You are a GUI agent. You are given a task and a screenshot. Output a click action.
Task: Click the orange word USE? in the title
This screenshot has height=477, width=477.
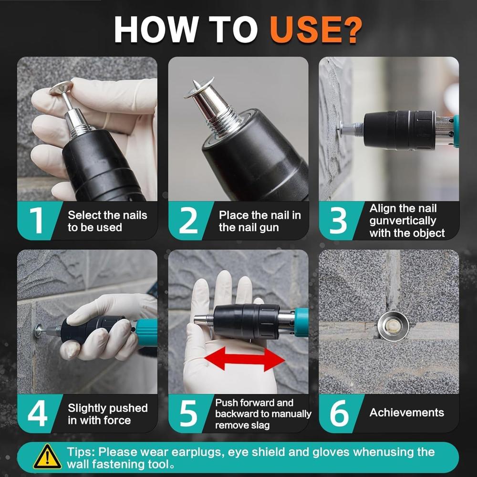[x=316, y=30]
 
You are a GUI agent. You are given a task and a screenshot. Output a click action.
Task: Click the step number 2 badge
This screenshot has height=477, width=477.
[x=187, y=220]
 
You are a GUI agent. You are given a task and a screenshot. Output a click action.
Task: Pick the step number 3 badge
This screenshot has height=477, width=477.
[x=338, y=220]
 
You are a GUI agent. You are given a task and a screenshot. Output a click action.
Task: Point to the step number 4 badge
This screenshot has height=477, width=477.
[x=37, y=413]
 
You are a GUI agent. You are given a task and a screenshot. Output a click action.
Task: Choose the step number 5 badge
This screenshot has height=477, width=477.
[x=187, y=413]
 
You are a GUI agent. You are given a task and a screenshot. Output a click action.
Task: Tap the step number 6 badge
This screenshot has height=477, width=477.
[x=338, y=413]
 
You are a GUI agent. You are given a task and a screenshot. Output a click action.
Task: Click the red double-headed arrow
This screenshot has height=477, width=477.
[x=245, y=359]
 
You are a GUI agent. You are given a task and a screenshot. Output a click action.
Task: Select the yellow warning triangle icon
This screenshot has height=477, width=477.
[x=47, y=456]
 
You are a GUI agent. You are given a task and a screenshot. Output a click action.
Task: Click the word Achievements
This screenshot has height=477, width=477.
[x=407, y=413]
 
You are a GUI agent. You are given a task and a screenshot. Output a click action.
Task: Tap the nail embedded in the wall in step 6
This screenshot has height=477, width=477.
[x=393, y=326]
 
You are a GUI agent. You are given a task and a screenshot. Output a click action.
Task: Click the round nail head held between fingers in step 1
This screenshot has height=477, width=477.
[x=61, y=88]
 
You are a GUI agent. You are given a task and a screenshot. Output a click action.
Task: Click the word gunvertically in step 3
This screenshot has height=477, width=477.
[x=403, y=221]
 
